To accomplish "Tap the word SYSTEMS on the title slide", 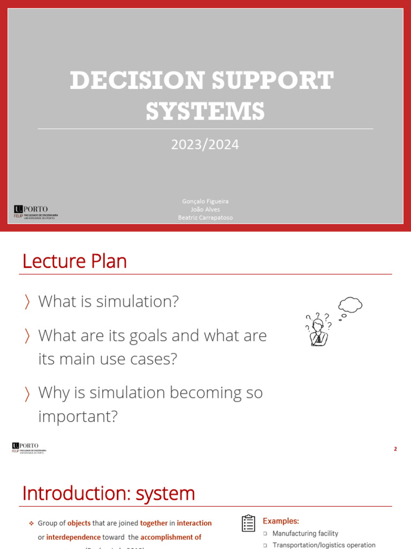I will pyautogui.click(x=205, y=112).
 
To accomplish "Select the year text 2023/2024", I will pyautogui.click(x=205, y=144).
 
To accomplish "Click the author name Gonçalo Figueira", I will pyautogui.click(x=205, y=201).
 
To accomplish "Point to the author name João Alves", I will pyautogui.click(x=205, y=209).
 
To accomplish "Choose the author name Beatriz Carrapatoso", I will pyautogui.click(x=205, y=218).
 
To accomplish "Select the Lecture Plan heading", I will pyautogui.click(x=74, y=262).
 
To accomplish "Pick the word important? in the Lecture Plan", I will pyautogui.click(x=78, y=416).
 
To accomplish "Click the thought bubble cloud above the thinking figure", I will pyautogui.click(x=351, y=305).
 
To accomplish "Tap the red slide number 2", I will pyautogui.click(x=395, y=449).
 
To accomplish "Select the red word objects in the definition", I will pyautogui.click(x=79, y=523).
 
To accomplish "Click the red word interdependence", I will pyautogui.click(x=73, y=537).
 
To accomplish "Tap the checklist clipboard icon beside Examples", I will pyautogui.click(x=248, y=523).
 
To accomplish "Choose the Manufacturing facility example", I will pyautogui.click(x=305, y=533).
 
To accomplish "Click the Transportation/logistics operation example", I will pyautogui.click(x=324, y=545).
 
